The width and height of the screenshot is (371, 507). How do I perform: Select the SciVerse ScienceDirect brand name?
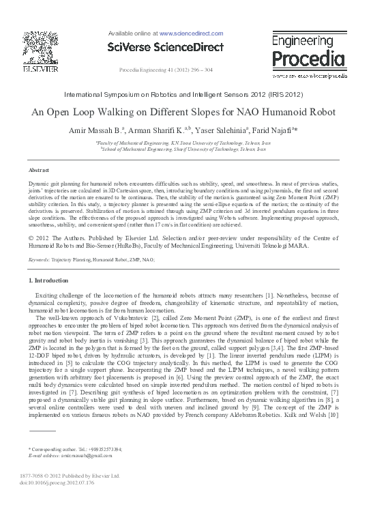tap(165, 46)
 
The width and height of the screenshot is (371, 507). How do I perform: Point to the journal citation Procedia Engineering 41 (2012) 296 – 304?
tap(166, 70)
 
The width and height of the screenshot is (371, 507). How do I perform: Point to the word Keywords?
tap(42, 260)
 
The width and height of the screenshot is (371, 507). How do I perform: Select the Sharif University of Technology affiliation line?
tap(185, 148)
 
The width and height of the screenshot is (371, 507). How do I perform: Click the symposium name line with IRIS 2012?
tap(185, 93)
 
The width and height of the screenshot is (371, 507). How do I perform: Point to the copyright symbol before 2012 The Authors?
tap(31, 237)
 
